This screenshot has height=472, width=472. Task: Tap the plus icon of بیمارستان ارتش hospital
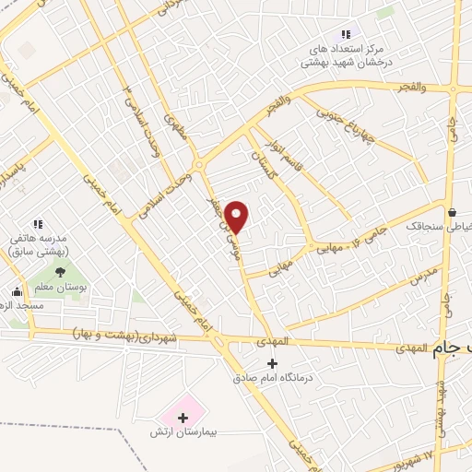(x=183, y=418)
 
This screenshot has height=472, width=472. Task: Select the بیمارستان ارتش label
(x=183, y=431)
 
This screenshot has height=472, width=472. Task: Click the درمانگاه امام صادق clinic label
(x=270, y=377)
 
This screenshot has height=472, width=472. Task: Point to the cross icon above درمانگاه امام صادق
(x=270, y=362)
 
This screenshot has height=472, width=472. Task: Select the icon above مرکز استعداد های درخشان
(x=347, y=34)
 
